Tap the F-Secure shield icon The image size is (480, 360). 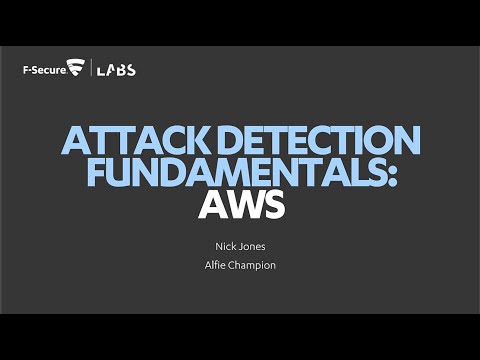[x=75, y=69]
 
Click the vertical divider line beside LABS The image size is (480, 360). [x=92, y=69]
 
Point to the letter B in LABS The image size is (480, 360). [x=121, y=70]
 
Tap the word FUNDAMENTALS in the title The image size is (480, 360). [x=227, y=173]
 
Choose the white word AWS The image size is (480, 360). [x=240, y=206]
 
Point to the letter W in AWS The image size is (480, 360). [x=241, y=206]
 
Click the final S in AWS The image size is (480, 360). [x=274, y=206]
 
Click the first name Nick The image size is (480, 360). [x=218, y=243]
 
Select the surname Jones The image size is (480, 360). [x=251, y=243]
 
